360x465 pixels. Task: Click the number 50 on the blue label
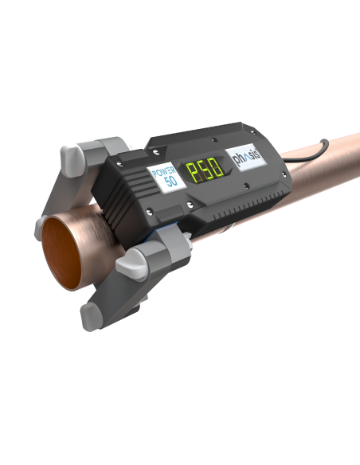[x=170, y=181]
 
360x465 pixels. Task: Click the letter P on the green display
[x=194, y=172]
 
